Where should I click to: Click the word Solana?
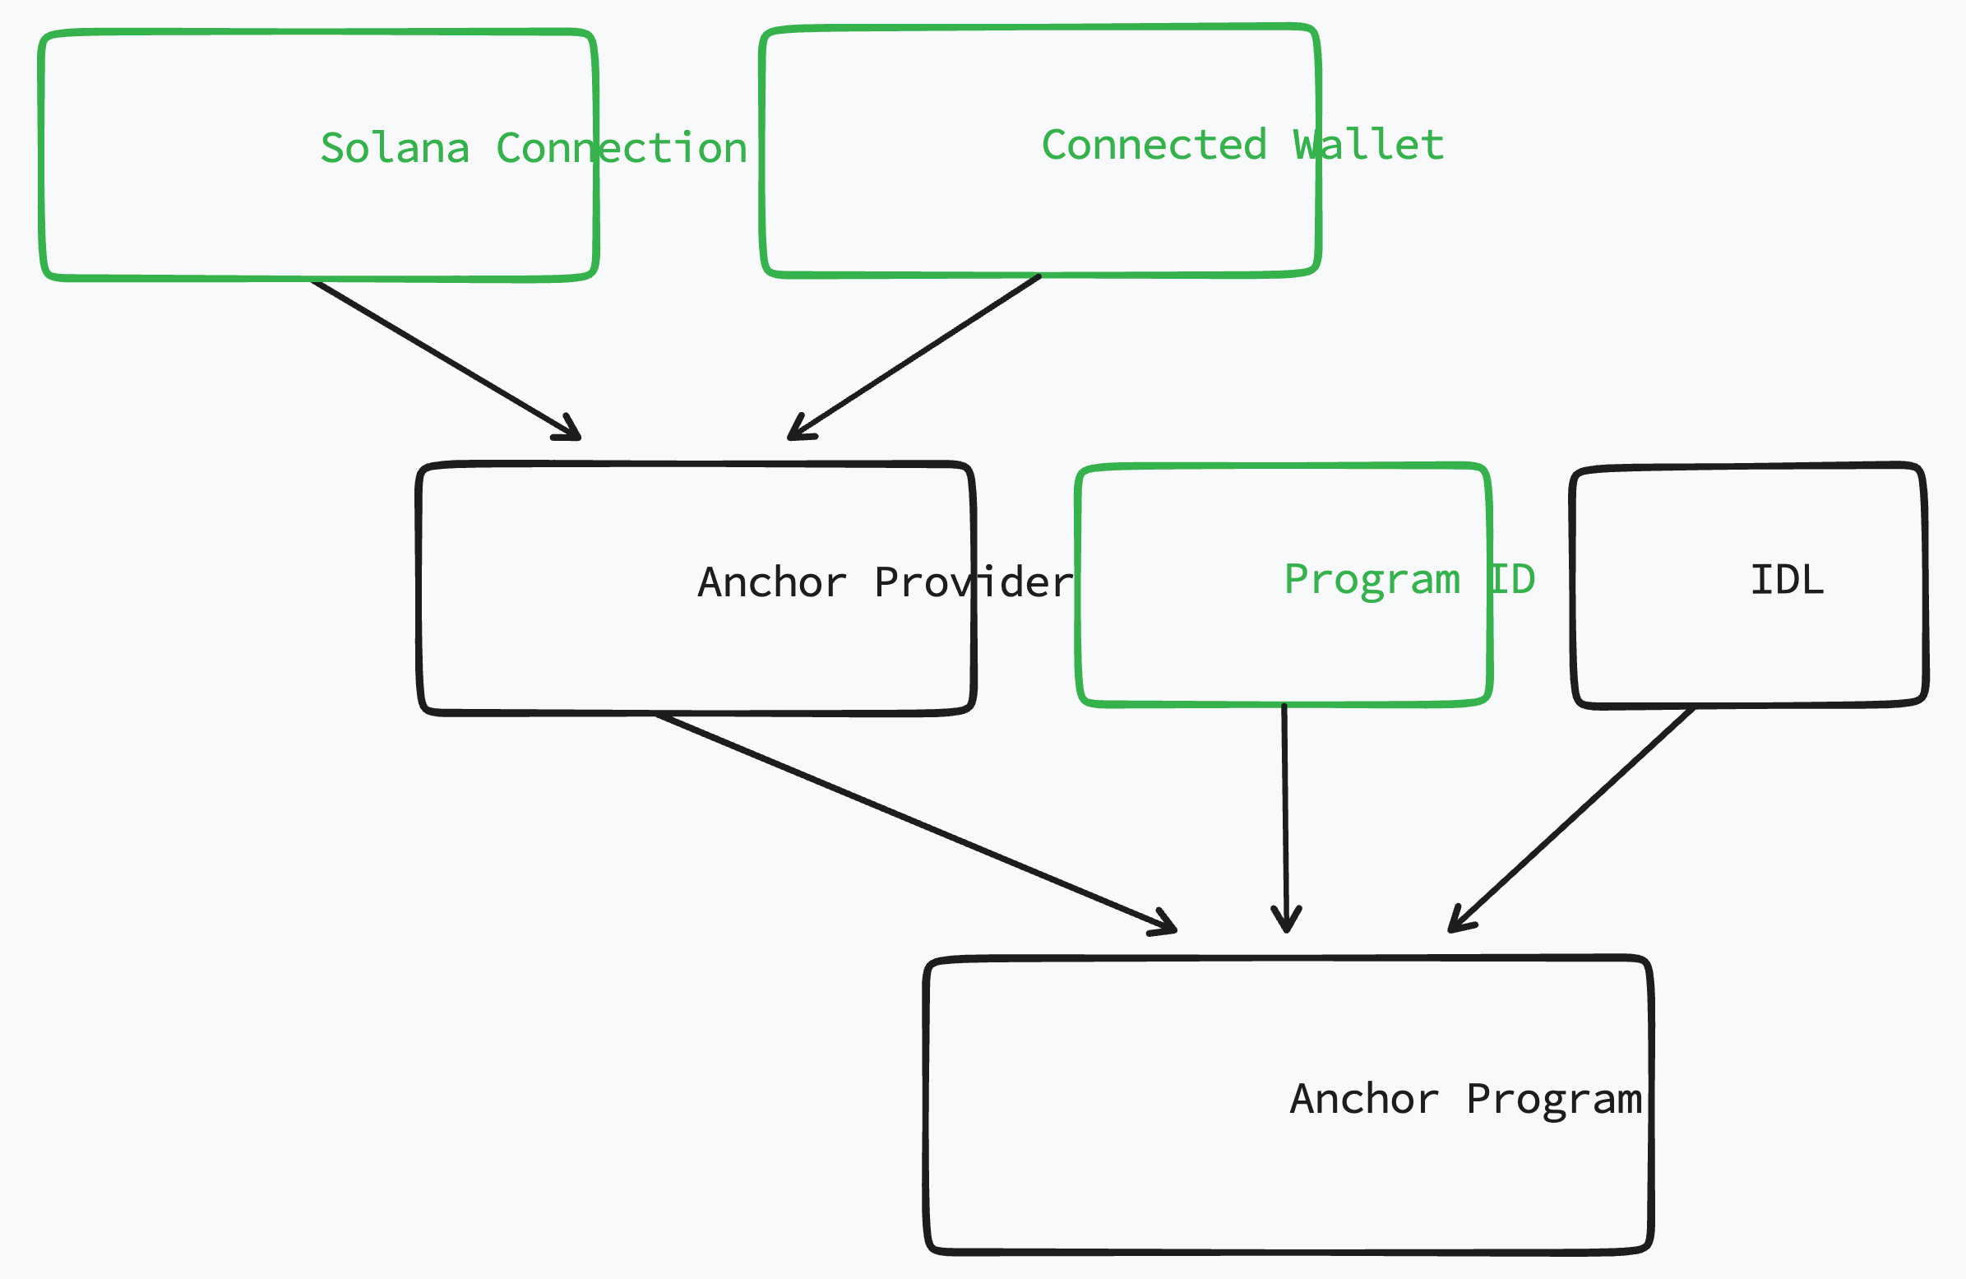coord(395,149)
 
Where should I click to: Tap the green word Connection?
coord(621,149)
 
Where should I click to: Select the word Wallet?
coord(1368,146)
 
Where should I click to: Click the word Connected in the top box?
coord(1154,146)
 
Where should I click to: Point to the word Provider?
coord(973,582)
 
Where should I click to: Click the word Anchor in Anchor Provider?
coord(772,582)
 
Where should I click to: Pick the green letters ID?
coord(1512,579)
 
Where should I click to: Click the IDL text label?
coord(1787,580)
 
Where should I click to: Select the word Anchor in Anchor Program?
coord(1365,1100)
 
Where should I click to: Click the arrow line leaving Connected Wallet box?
coord(917,355)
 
